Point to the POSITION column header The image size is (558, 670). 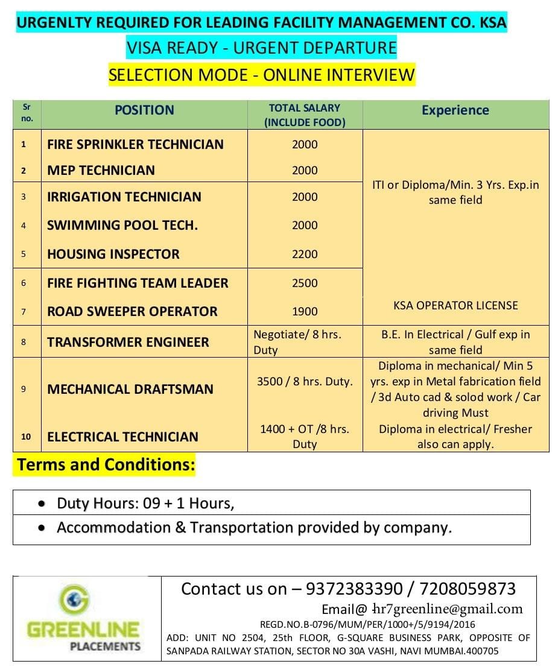[x=144, y=110]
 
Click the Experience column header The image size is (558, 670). [x=455, y=110]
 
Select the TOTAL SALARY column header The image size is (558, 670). [x=305, y=115]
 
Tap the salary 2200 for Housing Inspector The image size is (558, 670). [x=305, y=254]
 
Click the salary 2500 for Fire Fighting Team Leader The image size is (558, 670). [x=305, y=283]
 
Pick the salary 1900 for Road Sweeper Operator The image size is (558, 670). [x=305, y=311]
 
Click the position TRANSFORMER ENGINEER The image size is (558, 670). [x=128, y=342]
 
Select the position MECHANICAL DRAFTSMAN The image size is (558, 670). [x=130, y=389]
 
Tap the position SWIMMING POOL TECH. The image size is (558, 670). [x=122, y=226]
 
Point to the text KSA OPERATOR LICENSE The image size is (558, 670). [x=455, y=305]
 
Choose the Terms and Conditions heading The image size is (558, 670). [x=106, y=465]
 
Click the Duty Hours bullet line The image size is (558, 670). [x=145, y=503]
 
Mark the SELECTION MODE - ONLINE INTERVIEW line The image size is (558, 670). [x=262, y=75]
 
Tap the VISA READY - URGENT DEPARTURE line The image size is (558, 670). [x=262, y=48]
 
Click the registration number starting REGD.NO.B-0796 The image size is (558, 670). [x=367, y=625]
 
